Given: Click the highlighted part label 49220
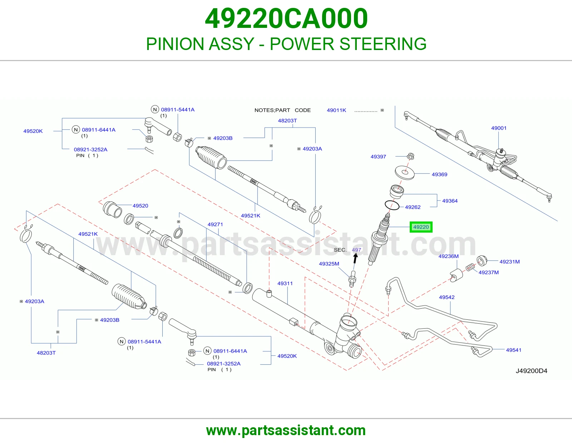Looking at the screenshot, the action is [x=421, y=227].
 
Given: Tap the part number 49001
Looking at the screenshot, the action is [x=499, y=128].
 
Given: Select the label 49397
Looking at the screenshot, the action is [x=378, y=157].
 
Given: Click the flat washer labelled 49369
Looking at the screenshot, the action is [x=405, y=173].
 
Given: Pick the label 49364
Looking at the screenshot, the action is [x=450, y=201].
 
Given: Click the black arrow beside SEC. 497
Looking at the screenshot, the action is [x=355, y=258].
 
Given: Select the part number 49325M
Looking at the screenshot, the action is [x=329, y=264].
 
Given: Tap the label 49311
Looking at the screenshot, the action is [x=285, y=284].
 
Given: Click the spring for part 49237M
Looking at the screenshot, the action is [x=470, y=268].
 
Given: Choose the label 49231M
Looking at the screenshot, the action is [x=509, y=262].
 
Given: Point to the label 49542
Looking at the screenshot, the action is [x=447, y=297].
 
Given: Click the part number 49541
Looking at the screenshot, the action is [x=514, y=350].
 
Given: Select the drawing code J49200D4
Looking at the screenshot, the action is [x=532, y=371].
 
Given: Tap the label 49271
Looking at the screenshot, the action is [x=215, y=224].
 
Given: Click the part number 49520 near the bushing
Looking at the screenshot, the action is [x=140, y=206].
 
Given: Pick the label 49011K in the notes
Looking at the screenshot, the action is [x=336, y=110].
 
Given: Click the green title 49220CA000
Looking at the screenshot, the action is [x=286, y=19].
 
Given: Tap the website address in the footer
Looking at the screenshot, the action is [x=286, y=430].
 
